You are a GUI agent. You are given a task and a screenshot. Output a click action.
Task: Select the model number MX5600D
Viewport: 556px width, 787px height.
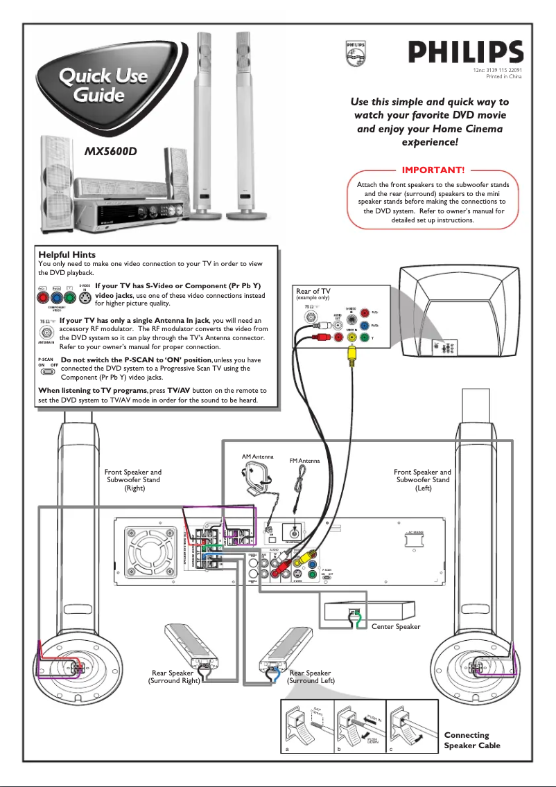tap(112, 150)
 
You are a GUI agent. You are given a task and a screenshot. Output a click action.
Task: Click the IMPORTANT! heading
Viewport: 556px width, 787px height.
tap(433, 170)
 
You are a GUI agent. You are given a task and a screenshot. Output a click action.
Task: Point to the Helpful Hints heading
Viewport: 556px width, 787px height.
tap(67, 255)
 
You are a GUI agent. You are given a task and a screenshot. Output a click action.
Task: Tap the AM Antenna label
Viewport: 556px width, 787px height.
tap(258, 457)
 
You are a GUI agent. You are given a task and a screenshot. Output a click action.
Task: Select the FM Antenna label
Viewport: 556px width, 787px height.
tap(304, 461)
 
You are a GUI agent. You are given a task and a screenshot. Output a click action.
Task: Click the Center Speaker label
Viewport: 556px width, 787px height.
tap(396, 626)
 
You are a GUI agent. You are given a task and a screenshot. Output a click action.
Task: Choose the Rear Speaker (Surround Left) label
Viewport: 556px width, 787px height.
tap(311, 677)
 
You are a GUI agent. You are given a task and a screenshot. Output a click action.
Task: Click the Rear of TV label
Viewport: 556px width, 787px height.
tap(313, 292)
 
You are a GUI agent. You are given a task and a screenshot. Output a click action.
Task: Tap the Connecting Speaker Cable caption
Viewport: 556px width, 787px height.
tap(472, 740)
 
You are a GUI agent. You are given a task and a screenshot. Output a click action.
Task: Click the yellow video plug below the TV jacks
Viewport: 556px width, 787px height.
tap(352, 355)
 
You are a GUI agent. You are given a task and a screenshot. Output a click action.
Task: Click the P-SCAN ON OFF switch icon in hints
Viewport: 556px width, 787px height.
tap(47, 371)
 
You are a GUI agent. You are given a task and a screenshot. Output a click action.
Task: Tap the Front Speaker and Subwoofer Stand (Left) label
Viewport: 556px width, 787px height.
tap(422, 480)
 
